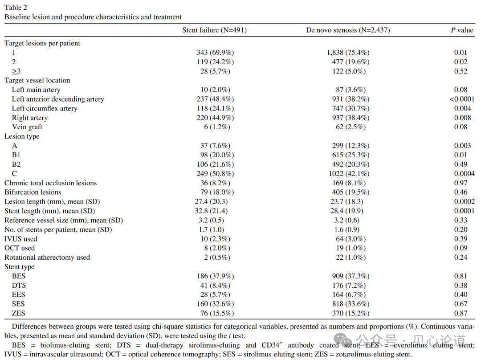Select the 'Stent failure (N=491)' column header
point(214,30)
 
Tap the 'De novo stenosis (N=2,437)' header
point(348,30)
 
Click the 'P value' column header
point(462,30)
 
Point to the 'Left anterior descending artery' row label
point(58,99)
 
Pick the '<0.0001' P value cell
point(462,99)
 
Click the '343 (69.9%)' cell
point(215,53)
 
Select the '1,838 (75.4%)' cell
point(348,53)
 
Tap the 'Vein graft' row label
point(27,127)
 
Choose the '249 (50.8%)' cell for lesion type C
point(215,174)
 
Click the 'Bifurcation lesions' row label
point(33,192)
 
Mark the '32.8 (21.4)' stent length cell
point(215,211)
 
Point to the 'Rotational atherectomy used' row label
point(47,258)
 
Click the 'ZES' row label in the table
point(19,314)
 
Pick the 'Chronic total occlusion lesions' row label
point(50,183)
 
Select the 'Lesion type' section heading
point(22,136)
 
